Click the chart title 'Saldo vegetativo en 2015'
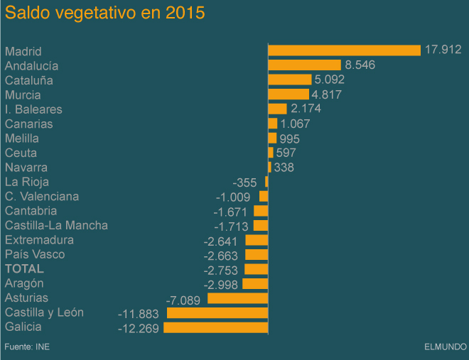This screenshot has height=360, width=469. [104, 13]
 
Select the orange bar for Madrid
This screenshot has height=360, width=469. [344, 50]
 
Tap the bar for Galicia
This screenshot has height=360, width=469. [215, 327]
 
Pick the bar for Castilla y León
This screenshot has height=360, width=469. [217, 312]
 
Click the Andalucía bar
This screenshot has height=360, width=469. [304, 65]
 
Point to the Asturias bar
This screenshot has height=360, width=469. [237, 298]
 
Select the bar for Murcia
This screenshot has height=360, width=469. [288, 94]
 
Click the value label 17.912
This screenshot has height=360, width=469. [443, 50]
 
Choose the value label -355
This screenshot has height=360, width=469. [248, 182]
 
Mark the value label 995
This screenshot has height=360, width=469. [290, 138]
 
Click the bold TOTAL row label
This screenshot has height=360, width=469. [24, 269]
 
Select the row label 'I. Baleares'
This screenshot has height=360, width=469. [33, 109]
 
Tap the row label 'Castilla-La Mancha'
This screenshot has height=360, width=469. [56, 226]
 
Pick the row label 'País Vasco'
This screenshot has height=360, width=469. [35, 254]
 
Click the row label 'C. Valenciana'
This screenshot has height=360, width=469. [42, 197]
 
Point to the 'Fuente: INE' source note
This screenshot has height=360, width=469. [27, 347]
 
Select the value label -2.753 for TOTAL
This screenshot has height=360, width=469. [222, 270]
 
